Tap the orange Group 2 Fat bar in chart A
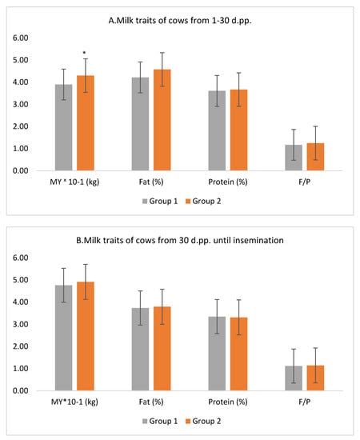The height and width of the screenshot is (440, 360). pyautogui.click(x=162, y=120)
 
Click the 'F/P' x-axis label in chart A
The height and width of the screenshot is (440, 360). pyautogui.click(x=305, y=182)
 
